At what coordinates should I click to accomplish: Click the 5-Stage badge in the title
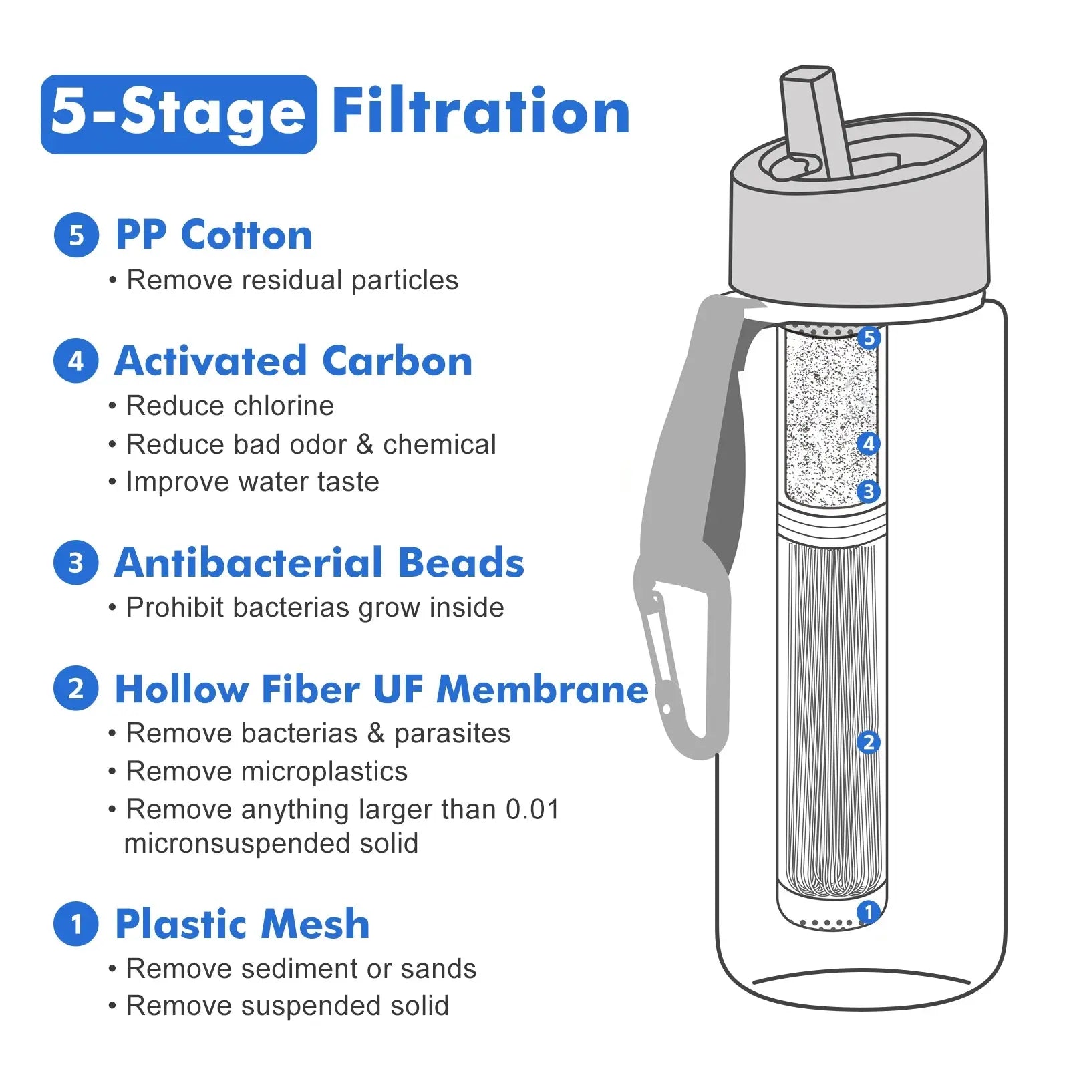pyautogui.click(x=178, y=114)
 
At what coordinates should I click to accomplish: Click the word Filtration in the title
pyautogui.click(x=481, y=111)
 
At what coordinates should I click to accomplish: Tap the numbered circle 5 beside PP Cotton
pyautogui.click(x=76, y=235)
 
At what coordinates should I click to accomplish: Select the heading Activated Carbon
pyautogui.click(x=293, y=361)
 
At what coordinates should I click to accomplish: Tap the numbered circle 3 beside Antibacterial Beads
pyautogui.click(x=76, y=563)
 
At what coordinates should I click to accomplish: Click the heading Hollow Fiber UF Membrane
pyautogui.click(x=381, y=689)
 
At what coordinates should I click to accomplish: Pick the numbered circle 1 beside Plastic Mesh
pyautogui.click(x=76, y=924)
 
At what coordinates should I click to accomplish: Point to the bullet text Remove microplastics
pyautogui.click(x=267, y=772)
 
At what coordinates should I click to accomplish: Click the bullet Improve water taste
pyautogui.click(x=253, y=482)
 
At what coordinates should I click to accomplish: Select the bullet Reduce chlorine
pyautogui.click(x=230, y=406)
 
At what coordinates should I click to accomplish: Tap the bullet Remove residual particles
pyautogui.click(x=293, y=281)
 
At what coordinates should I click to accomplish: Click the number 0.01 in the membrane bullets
pyautogui.click(x=532, y=810)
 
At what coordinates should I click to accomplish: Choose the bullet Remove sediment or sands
pyautogui.click(x=301, y=969)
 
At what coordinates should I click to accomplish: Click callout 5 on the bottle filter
pyautogui.click(x=869, y=338)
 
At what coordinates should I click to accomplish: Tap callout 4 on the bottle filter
pyautogui.click(x=869, y=444)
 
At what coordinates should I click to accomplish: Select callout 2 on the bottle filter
pyautogui.click(x=869, y=742)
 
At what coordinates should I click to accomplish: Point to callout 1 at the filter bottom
pyautogui.click(x=869, y=913)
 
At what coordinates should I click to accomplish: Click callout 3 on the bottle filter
pyautogui.click(x=869, y=492)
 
